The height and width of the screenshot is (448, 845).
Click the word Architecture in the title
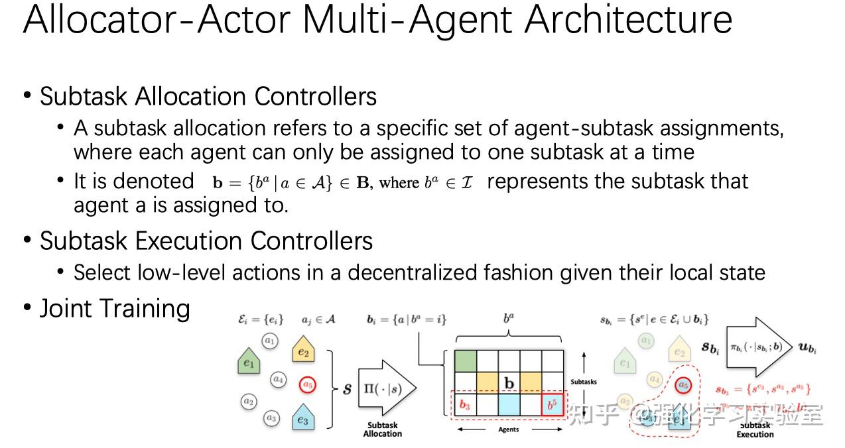pos(628,20)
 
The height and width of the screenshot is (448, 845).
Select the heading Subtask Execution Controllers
pos(206,241)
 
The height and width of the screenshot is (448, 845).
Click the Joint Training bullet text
pos(115,309)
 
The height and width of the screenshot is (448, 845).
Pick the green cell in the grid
pos(466,361)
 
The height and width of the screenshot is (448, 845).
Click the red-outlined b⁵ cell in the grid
pos(552,404)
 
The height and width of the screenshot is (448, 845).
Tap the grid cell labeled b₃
pos(465,404)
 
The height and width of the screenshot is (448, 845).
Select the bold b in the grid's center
pos(509,383)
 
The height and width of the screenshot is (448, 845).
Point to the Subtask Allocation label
pos(382,429)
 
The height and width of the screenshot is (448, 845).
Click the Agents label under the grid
pos(508,429)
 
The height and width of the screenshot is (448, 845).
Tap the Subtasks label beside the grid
pos(584,382)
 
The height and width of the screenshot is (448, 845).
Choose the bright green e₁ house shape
pos(249,362)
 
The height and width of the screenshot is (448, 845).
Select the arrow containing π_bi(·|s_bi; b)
pos(759,347)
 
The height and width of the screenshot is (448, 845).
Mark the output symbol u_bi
pos(808,347)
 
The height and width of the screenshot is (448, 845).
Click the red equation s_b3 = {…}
pos(762,390)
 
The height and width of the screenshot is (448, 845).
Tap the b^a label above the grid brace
pos(509,319)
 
